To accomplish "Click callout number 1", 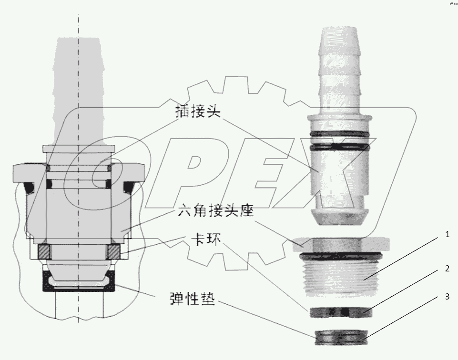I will point(447,235).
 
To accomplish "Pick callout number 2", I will point(447,269).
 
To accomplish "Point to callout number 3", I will point(447,296).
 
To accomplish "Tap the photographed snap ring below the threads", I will point(337,312).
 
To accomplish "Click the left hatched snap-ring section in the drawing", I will point(44,250).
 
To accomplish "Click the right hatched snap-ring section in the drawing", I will point(115,250).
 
